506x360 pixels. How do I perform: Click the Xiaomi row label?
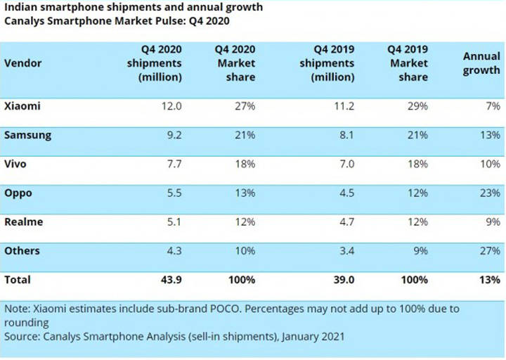click(x=22, y=106)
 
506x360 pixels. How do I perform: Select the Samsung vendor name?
click(x=28, y=135)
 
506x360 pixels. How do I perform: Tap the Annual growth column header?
click(x=481, y=63)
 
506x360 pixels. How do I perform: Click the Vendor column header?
click(x=23, y=63)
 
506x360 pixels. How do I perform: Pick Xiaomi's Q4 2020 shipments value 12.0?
click(x=171, y=106)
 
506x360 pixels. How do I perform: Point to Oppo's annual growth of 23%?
click(x=490, y=193)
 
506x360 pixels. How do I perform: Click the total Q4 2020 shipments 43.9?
click(x=170, y=279)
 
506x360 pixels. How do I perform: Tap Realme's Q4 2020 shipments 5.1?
click(x=172, y=221)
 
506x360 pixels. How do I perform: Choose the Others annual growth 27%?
click(x=490, y=250)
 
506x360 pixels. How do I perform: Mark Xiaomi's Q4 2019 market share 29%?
click(x=417, y=106)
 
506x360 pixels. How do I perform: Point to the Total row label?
click(x=18, y=279)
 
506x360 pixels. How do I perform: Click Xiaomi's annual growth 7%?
click(x=493, y=106)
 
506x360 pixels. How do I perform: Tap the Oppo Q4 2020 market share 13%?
click(x=245, y=193)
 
